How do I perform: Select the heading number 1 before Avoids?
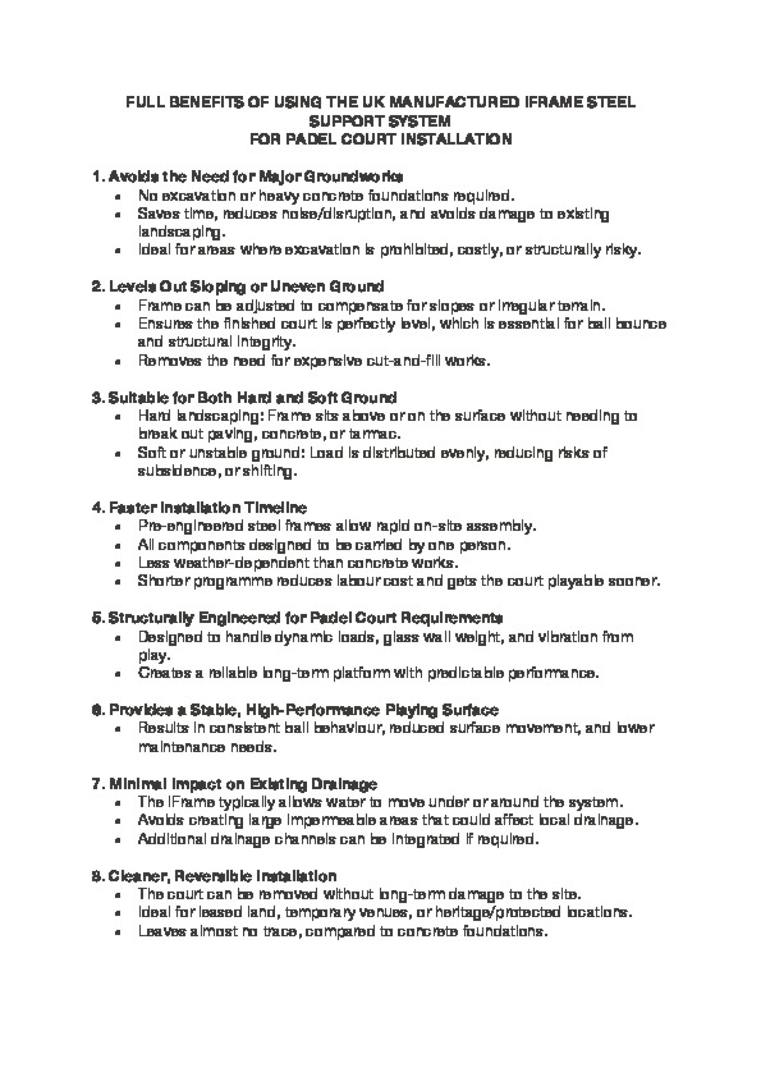coord(96,177)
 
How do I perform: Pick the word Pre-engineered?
coord(191,526)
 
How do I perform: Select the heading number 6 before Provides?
coord(96,710)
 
